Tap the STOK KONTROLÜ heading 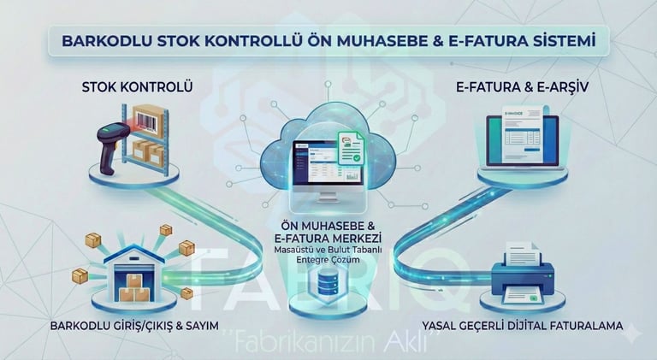(138, 88)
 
